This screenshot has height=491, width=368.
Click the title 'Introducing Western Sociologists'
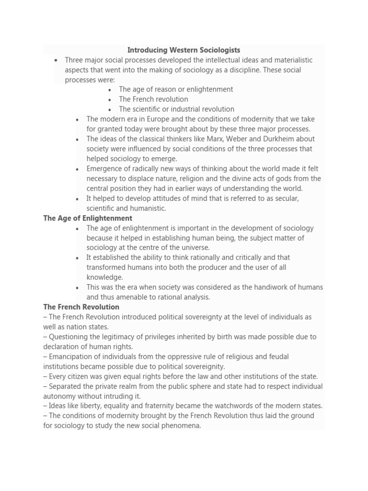[184, 50]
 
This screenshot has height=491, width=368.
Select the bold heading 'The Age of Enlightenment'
[88, 218]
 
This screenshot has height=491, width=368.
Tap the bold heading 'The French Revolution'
[81, 307]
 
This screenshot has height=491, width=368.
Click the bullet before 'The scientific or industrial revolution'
[110, 109]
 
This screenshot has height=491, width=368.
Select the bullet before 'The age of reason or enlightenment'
[110, 90]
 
